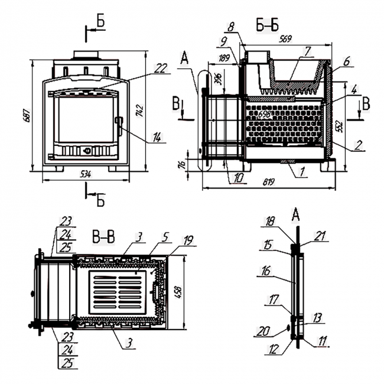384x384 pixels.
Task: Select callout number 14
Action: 157,138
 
